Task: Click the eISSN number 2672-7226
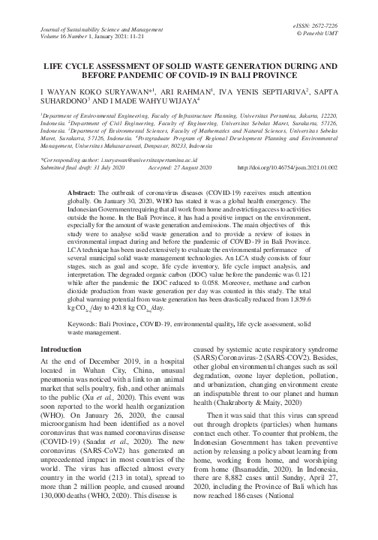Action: tap(343, 25)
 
